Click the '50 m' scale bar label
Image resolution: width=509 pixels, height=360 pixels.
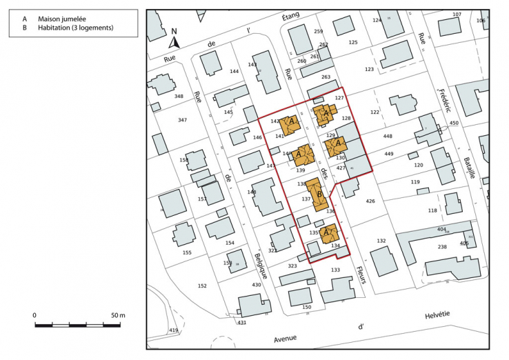pos(117,315)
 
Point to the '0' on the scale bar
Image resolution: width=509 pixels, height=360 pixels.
pos(34,315)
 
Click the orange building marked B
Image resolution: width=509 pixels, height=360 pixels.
pos(317,194)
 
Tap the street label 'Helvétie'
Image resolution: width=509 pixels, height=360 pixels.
pos(436,314)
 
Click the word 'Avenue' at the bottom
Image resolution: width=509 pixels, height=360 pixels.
pos(285,338)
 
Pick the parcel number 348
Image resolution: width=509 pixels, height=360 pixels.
pos(179,96)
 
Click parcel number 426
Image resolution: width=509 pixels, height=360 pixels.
pos(370,201)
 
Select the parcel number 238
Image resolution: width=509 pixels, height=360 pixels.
pos(442,246)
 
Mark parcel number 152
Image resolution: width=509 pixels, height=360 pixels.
pos(202,286)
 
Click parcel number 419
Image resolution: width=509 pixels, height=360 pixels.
pos(173,331)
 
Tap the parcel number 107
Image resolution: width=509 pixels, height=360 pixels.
pos(457,14)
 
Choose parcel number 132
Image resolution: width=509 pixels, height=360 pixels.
pos(381,241)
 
